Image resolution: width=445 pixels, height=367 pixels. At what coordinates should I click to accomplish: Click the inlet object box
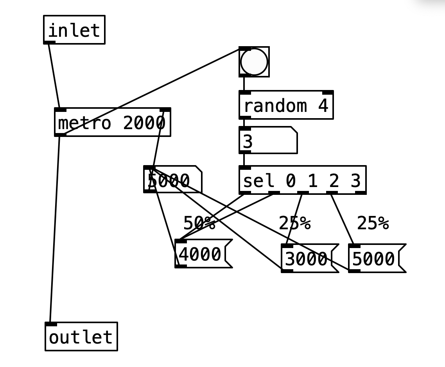[x=74, y=30]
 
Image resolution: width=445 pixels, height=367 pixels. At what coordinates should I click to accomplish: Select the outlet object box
[x=81, y=337]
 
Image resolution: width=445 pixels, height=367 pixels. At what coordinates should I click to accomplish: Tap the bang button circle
[x=254, y=62]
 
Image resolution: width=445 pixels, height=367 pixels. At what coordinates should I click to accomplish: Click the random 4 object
[x=286, y=105]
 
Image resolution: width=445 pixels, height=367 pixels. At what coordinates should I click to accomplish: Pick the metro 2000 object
[x=112, y=122]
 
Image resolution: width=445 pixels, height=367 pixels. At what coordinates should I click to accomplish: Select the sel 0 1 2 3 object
[x=302, y=180]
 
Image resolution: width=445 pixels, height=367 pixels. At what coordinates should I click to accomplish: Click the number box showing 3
[x=268, y=140]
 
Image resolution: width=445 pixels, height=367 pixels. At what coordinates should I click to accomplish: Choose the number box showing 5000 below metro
[x=172, y=180]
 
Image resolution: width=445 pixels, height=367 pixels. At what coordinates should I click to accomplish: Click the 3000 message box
[x=307, y=258]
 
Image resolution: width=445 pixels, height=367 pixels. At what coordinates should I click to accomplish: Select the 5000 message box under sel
[x=374, y=258]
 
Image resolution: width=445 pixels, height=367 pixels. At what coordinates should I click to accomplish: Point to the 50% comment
[x=199, y=223]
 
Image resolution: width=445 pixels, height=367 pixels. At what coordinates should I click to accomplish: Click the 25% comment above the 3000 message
[x=294, y=223]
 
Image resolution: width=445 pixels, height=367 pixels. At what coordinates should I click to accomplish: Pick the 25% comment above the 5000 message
[x=373, y=223]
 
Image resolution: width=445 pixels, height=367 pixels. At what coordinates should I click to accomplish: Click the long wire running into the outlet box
[x=55, y=231]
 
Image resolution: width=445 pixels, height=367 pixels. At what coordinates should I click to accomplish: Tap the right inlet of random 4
[x=328, y=93]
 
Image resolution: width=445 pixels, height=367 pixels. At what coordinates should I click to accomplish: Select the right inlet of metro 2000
[x=165, y=110]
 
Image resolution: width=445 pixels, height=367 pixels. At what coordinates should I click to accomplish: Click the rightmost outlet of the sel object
[x=361, y=192]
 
